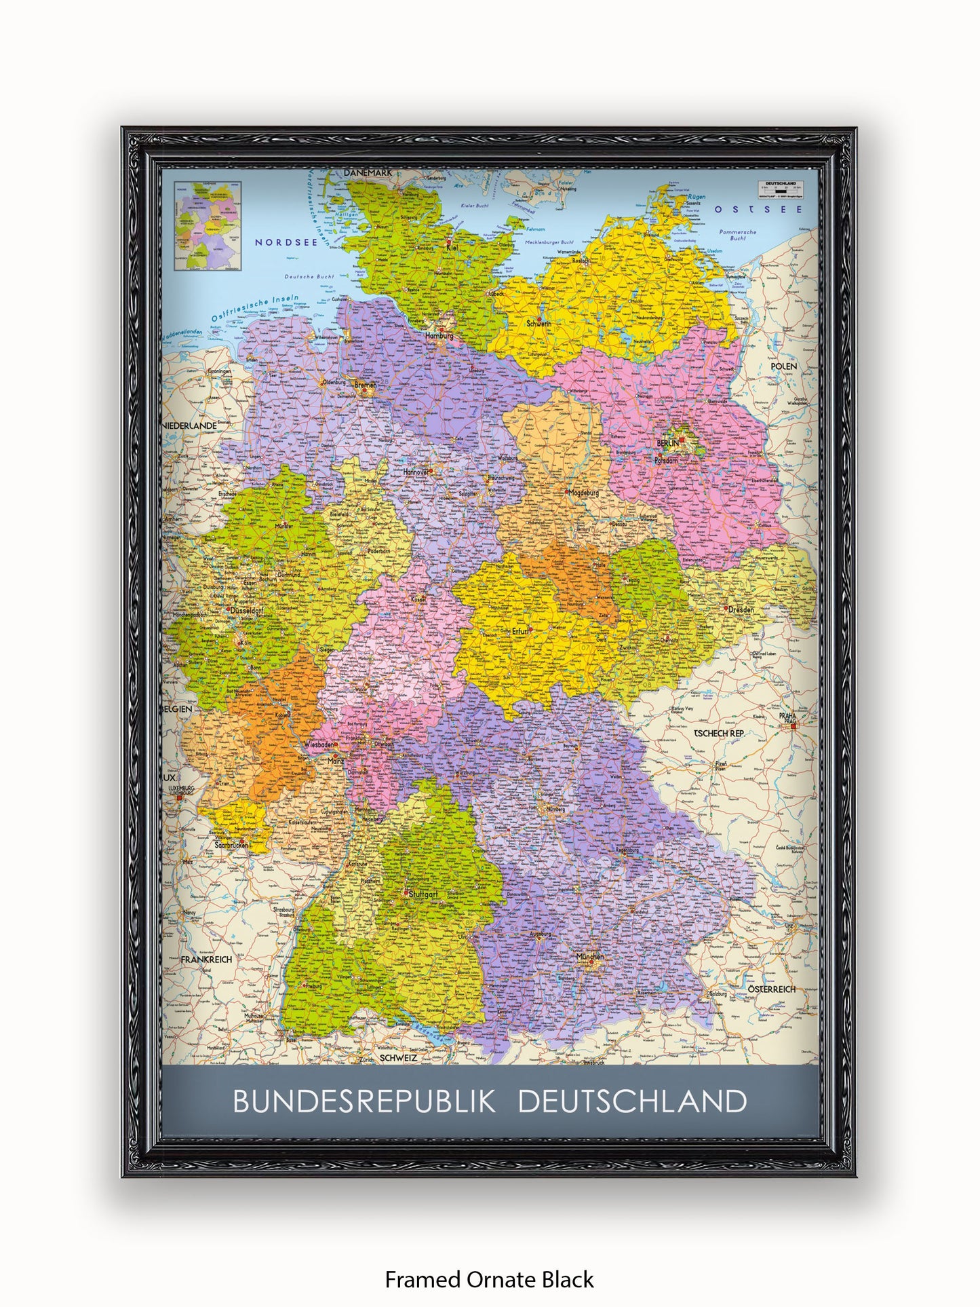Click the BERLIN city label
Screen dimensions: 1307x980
pyautogui.click(x=667, y=443)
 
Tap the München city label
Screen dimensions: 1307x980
pyautogui.click(x=589, y=957)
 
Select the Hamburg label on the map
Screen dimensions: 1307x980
pyautogui.click(x=439, y=335)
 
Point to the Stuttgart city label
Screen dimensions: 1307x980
pyautogui.click(x=423, y=894)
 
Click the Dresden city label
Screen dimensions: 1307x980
pyautogui.click(x=741, y=609)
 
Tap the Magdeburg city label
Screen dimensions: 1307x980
pyautogui.click(x=584, y=493)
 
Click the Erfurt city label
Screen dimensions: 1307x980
pyautogui.click(x=520, y=631)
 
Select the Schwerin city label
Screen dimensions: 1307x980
pyautogui.click(x=539, y=324)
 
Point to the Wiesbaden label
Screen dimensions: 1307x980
pyautogui.click(x=319, y=744)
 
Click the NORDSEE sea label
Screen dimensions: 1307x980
pyautogui.click(x=286, y=242)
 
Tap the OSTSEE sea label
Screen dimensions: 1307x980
pyautogui.click(x=758, y=210)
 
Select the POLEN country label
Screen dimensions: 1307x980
pyautogui.click(x=784, y=366)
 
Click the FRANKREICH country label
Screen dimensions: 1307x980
pyautogui.click(x=206, y=960)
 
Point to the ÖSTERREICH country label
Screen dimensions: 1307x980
pyautogui.click(x=772, y=989)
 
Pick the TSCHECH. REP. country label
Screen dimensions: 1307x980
pyautogui.click(x=719, y=733)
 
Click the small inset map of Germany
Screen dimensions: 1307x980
pyautogui.click(x=208, y=226)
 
